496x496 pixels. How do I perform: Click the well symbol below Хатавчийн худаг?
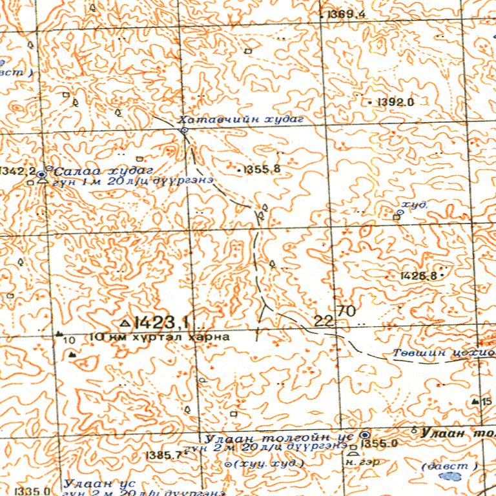[x=184, y=130]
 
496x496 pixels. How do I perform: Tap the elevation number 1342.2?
[x=17, y=171]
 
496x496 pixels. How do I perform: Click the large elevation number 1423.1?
[x=161, y=321]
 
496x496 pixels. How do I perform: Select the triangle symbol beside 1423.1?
[x=125, y=322]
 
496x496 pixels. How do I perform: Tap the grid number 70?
[x=346, y=311]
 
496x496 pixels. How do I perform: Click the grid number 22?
[x=324, y=321]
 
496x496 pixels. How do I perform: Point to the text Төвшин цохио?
[x=444, y=353]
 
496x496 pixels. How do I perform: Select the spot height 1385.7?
[x=164, y=455]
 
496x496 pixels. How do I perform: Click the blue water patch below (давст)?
[x=449, y=477]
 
